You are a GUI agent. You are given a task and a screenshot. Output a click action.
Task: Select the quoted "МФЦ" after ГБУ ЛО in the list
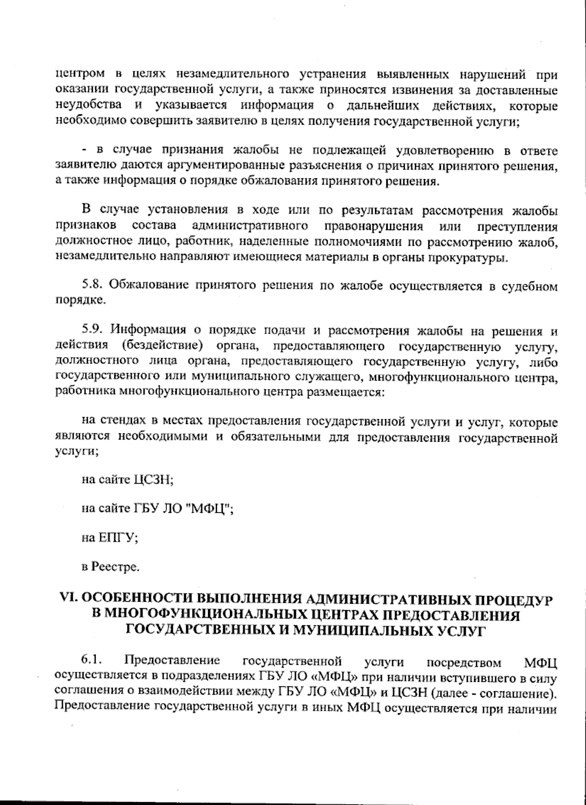209,508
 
